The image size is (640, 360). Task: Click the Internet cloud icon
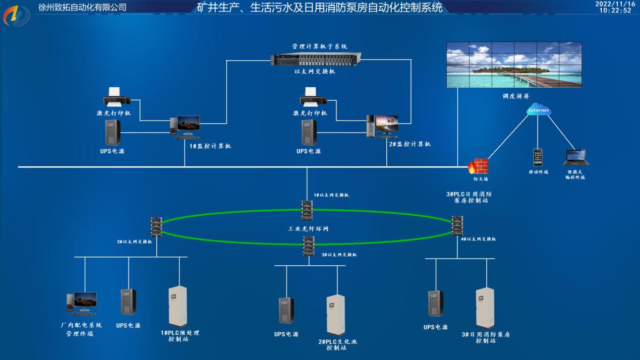(538, 110)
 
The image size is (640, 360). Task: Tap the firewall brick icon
(479, 166)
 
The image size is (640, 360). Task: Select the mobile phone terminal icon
(538, 157)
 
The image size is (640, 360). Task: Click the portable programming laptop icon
(575, 158)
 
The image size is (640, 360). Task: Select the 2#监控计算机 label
(410, 144)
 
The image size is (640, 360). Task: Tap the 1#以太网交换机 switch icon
(307, 210)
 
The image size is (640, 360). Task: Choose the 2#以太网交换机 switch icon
(156, 227)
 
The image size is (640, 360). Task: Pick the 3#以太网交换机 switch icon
(309, 246)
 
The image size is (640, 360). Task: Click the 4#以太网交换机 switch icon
(457, 225)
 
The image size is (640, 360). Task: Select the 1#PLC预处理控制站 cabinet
(178, 307)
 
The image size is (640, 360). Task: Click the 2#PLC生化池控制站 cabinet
(335, 315)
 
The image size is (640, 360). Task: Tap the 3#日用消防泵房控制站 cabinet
(485, 308)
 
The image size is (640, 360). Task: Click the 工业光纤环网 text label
(308, 229)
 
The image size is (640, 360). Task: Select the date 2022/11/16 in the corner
(615, 4)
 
